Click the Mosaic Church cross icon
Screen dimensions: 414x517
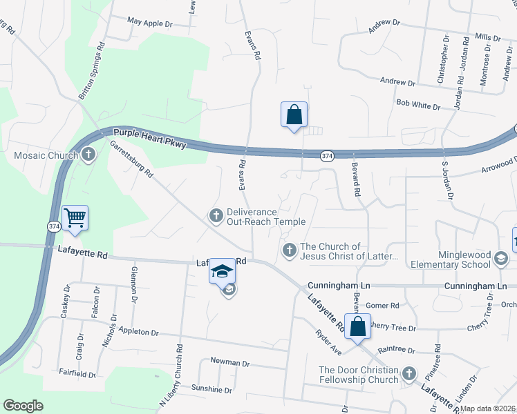(88, 155)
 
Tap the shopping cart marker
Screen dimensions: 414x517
(75, 217)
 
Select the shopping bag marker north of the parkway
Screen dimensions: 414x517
(294, 115)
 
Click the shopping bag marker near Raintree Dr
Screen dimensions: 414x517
(358, 326)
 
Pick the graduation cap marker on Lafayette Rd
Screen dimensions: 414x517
(223, 272)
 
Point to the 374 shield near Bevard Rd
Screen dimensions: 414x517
(328, 157)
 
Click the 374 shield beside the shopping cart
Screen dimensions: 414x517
(53, 226)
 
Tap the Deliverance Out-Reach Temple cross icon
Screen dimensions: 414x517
(216, 217)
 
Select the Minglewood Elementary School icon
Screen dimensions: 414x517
(501, 259)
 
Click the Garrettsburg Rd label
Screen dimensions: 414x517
(131, 160)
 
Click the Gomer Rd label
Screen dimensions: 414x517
(383, 306)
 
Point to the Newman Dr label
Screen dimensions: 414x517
(229, 362)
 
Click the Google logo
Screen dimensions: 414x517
(23, 406)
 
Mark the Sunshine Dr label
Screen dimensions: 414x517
(211, 390)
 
